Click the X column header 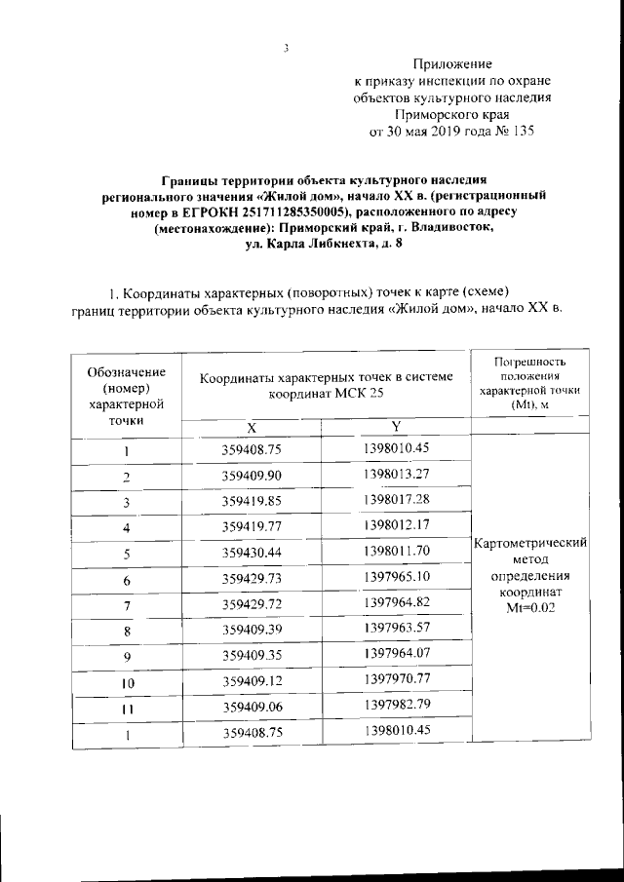point(251,427)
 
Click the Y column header point(396,427)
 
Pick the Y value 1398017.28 point(395,500)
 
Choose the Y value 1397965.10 point(395,577)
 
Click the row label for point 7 point(126,604)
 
